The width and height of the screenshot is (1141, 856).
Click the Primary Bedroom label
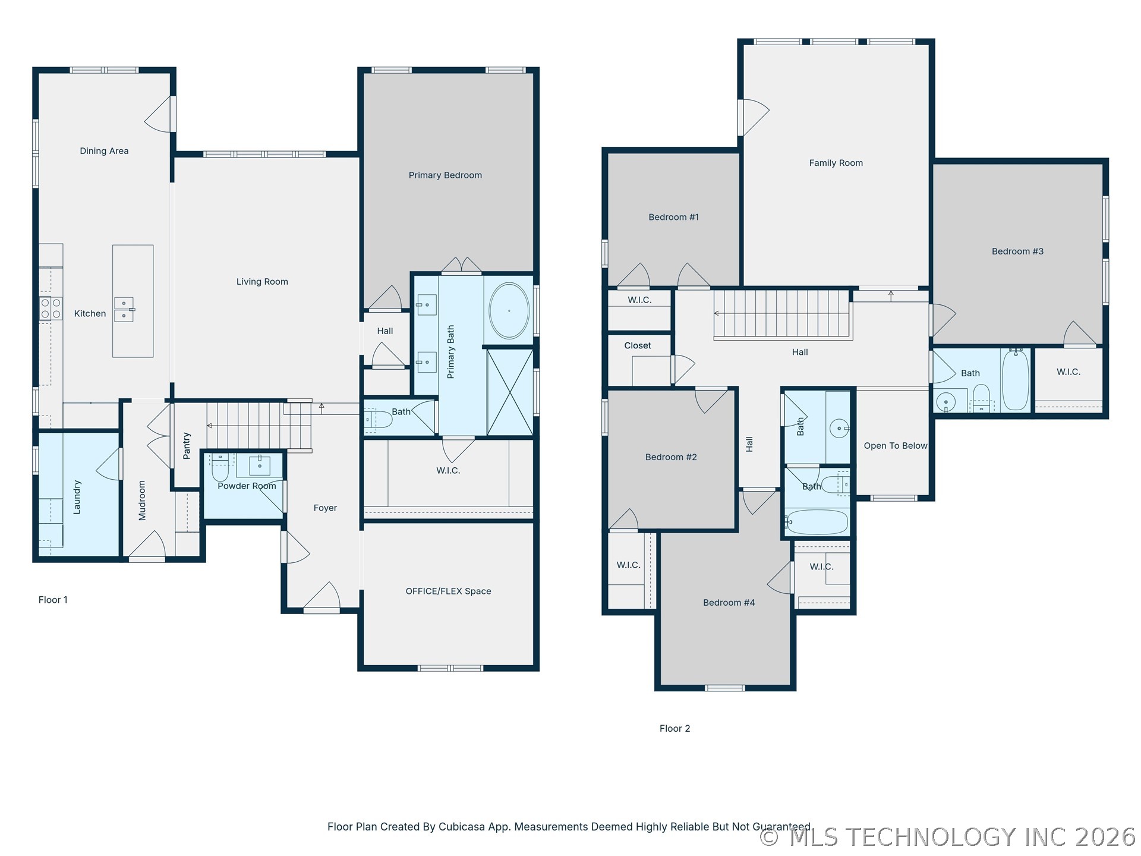pos(445,175)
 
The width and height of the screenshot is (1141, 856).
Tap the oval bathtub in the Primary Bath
pos(509,311)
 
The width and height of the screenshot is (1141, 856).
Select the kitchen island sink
pos(124,310)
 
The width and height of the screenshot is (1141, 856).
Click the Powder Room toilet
pos(220,468)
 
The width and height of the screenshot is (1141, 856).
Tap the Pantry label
pos(187,446)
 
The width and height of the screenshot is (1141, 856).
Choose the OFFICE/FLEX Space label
pos(448,591)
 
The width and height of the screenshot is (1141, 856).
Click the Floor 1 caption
pos(53,600)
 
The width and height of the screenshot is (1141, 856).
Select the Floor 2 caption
pos(674,728)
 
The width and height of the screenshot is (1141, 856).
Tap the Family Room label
pos(836,163)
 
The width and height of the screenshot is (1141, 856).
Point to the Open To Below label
pos(895,446)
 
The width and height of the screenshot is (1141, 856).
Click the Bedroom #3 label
pos(1017,251)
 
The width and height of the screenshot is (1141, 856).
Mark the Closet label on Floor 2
pos(637,345)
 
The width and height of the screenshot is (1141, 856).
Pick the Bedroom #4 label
pos(729,603)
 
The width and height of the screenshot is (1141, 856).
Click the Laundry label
pos(77,497)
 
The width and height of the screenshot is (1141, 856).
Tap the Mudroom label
pos(141,501)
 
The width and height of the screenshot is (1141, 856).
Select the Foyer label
pos(325,508)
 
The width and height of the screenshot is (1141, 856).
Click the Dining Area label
pos(104,151)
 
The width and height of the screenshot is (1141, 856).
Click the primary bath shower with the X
pos(510,392)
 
